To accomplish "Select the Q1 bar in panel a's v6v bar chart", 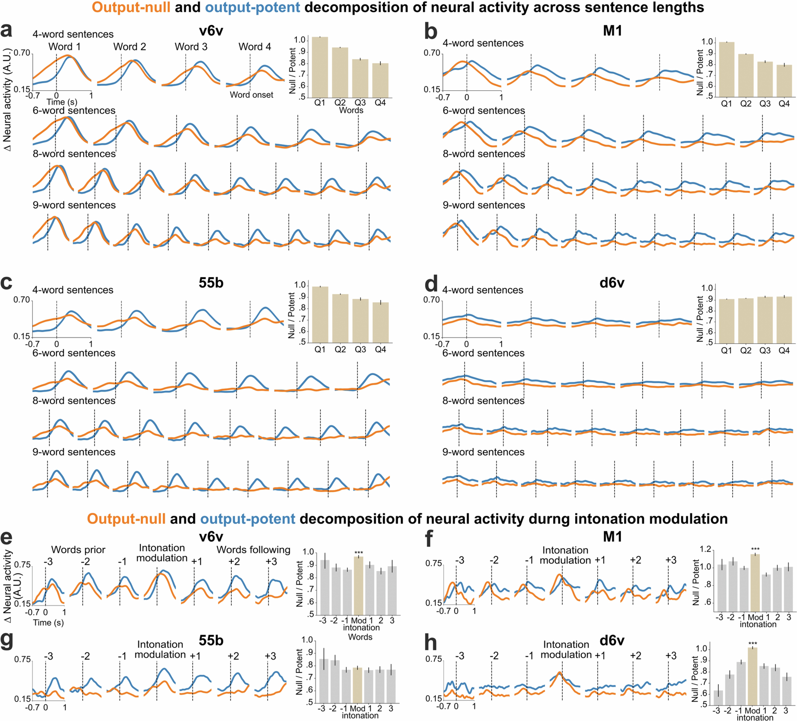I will pyautogui.click(x=320, y=67).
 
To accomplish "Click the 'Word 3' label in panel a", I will pyautogui.click(x=191, y=47).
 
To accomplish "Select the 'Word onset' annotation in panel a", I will pyautogui.click(x=251, y=95).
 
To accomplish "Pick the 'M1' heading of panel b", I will pyautogui.click(x=612, y=31).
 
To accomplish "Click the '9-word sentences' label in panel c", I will pyautogui.click(x=74, y=452).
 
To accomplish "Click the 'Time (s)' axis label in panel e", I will pyautogui.click(x=48, y=623).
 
